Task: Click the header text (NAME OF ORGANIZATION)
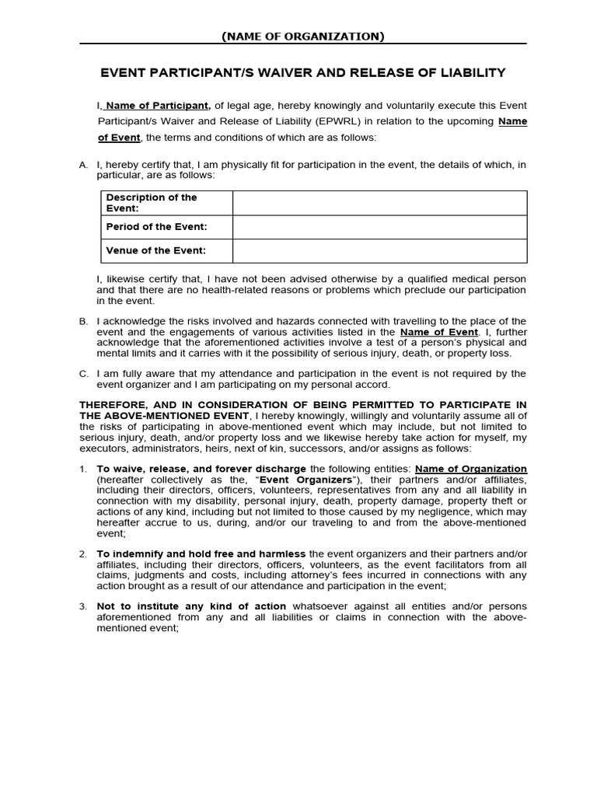(x=302, y=36)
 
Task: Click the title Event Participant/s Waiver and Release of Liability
(x=303, y=73)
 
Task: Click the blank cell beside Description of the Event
(x=379, y=203)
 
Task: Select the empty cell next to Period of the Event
(x=379, y=226)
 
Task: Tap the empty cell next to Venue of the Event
(x=379, y=250)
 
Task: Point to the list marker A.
(x=83, y=166)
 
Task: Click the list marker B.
(x=83, y=321)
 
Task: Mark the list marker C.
(x=83, y=374)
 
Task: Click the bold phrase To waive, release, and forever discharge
(x=201, y=470)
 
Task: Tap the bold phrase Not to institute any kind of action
(x=191, y=606)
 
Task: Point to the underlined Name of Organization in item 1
(x=471, y=470)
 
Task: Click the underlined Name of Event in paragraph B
(x=438, y=332)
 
